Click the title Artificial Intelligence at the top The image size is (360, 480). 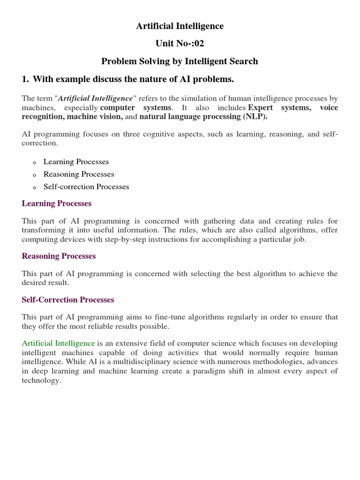(180, 26)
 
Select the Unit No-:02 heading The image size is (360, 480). (180, 44)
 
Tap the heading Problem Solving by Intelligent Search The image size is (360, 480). (180, 61)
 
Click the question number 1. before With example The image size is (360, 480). (25, 79)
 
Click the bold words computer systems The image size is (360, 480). (135, 108)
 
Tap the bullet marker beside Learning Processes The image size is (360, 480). (34, 163)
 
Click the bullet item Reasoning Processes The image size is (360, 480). (79, 174)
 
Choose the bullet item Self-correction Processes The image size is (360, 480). (86, 187)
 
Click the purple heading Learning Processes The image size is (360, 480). (57, 203)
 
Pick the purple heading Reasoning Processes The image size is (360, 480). (59, 256)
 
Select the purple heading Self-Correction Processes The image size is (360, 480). (68, 300)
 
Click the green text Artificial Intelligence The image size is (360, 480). (59, 344)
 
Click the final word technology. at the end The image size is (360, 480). (42, 380)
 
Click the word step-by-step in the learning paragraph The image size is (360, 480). (112, 239)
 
